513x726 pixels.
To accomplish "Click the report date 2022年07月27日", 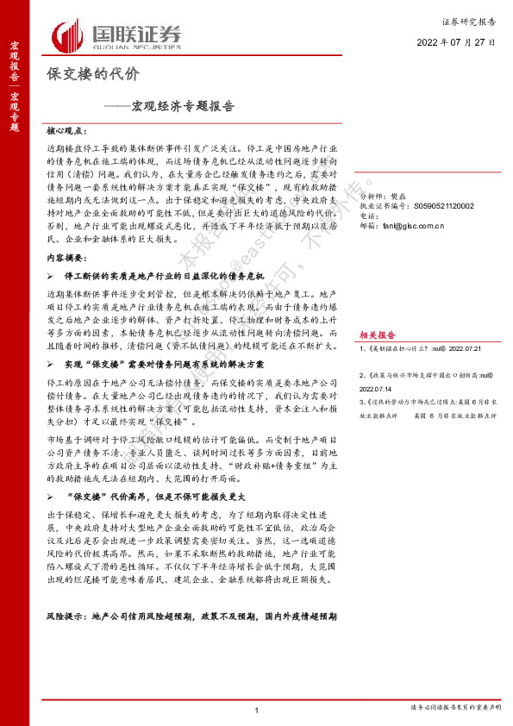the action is (456, 41).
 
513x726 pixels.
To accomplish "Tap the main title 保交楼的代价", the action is (91, 75).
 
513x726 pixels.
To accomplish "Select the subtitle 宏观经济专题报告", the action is (169, 108).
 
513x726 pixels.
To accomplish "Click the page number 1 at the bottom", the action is (257, 709).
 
